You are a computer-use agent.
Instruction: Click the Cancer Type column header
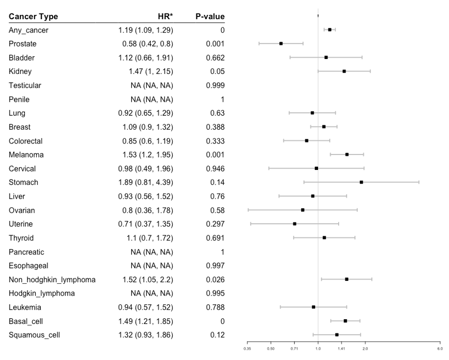[x=33, y=17]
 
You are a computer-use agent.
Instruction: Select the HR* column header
[x=165, y=17]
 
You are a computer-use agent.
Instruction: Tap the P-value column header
[x=210, y=17]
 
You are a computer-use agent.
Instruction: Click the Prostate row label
[x=23, y=44]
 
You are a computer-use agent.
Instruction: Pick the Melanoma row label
[x=26, y=155]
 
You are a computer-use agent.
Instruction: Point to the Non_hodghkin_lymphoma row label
[x=52, y=280]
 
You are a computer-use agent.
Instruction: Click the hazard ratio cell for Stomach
[x=145, y=183]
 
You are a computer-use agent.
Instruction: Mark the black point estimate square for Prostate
[x=281, y=44]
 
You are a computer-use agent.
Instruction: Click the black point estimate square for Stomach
[x=361, y=182]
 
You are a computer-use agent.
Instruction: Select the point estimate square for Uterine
[x=295, y=224]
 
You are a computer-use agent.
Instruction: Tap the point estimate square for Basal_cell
[x=345, y=321]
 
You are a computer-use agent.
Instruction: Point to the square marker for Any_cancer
[x=330, y=30]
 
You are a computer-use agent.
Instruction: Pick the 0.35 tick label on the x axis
[x=248, y=348]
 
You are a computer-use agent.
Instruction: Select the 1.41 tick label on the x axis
[x=342, y=348]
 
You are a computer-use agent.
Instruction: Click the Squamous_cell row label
[x=34, y=335]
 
